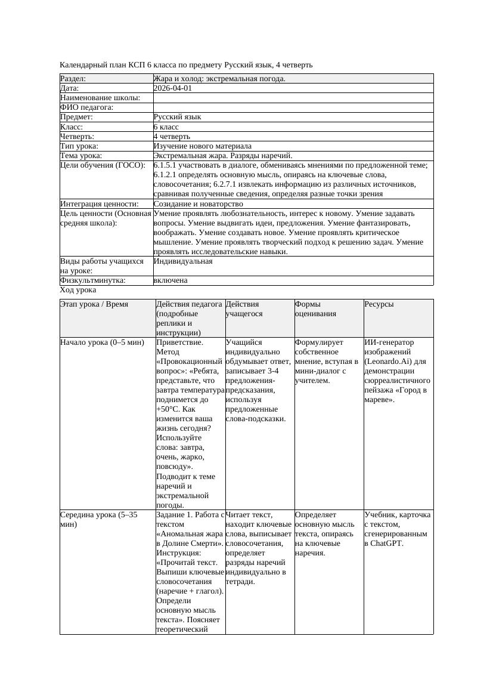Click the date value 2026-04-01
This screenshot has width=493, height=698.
pyautogui.click(x=173, y=88)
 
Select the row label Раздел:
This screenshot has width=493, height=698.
pyautogui.click(x=73, y=79)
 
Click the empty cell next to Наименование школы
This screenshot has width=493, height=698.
pyautogui.click(x=292, y=98)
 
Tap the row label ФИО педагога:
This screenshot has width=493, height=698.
pyautogui.click(x=87, y=107)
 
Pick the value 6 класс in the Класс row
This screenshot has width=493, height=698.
pyautogui.click(x=166, y=127)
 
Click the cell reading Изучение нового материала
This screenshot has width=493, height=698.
pyautogui.click(x=202, y=146)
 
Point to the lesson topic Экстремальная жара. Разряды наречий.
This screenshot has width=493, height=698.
pyautogui.click(x=222, y=156)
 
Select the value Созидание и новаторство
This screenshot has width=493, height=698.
pyautogui.click(x=198, y=204)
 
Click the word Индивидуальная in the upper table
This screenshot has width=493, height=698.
pyautogui.click(x=183, y=261)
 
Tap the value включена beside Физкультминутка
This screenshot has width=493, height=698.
pyautogui.click(x=170, y=280)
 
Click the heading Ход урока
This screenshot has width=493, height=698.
pyautogui.click(x=78, y=290)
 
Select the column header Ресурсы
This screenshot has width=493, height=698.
pyautogui.click(x=380, y=304)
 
